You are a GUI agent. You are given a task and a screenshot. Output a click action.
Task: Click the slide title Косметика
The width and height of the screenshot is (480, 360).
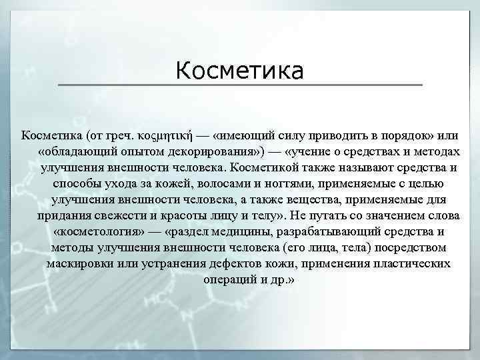(240, 70)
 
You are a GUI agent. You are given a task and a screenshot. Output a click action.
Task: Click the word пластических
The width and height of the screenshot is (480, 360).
(411, 264)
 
